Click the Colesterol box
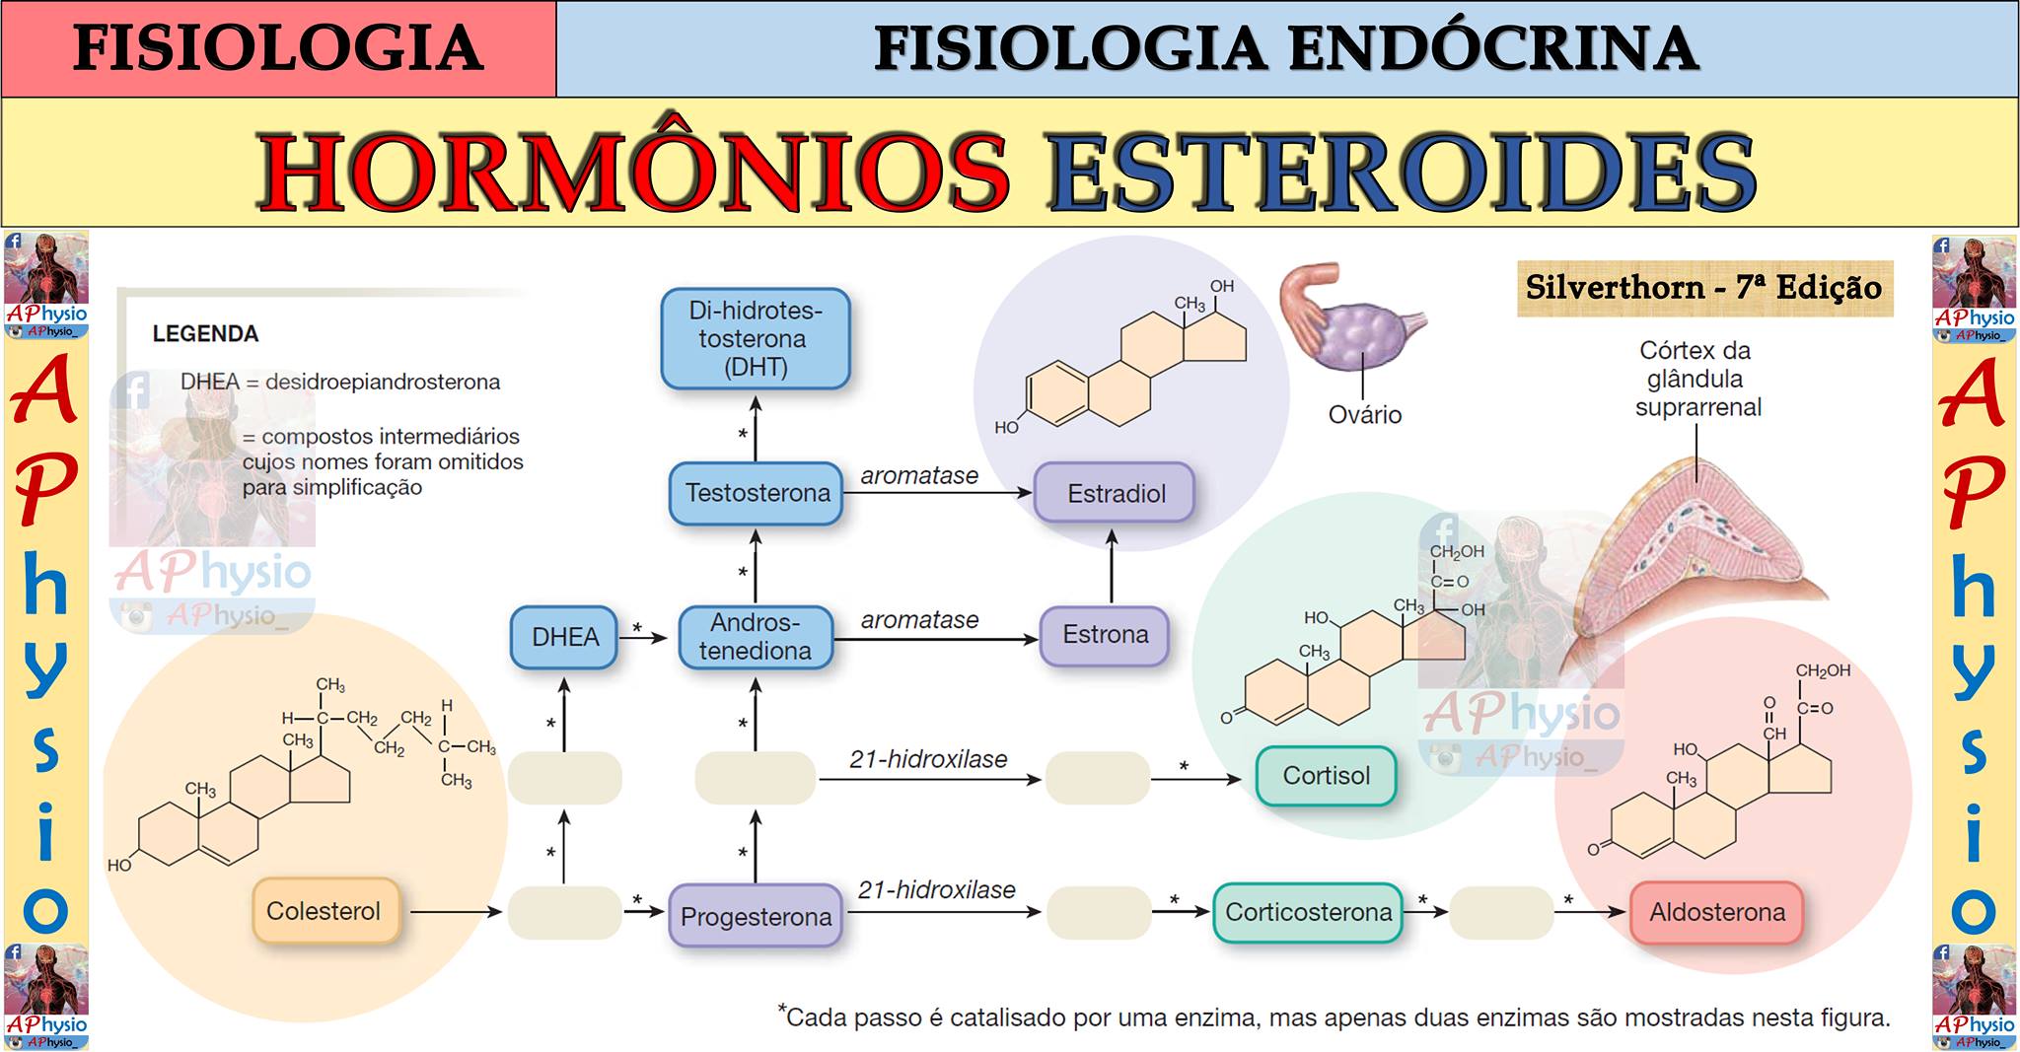coord(325,911)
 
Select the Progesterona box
coord(756,916)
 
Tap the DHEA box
coord(565,637)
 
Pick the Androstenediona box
coord(756,637)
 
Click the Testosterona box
coord(757,493)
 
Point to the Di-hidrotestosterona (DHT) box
coord(756,338)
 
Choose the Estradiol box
coord(1116,493)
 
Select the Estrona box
coord(1105,635)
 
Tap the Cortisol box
coord(1326,776)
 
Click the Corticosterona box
coord(1308,912)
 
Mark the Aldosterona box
coord(1717,912)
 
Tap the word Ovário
coord(1365,414)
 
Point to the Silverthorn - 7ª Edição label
coord(1704,288)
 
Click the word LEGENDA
coord(205,334)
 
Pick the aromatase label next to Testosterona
coord(919,475)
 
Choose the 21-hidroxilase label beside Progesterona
coord(936,889)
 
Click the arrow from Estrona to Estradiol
coord(1112,566)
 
